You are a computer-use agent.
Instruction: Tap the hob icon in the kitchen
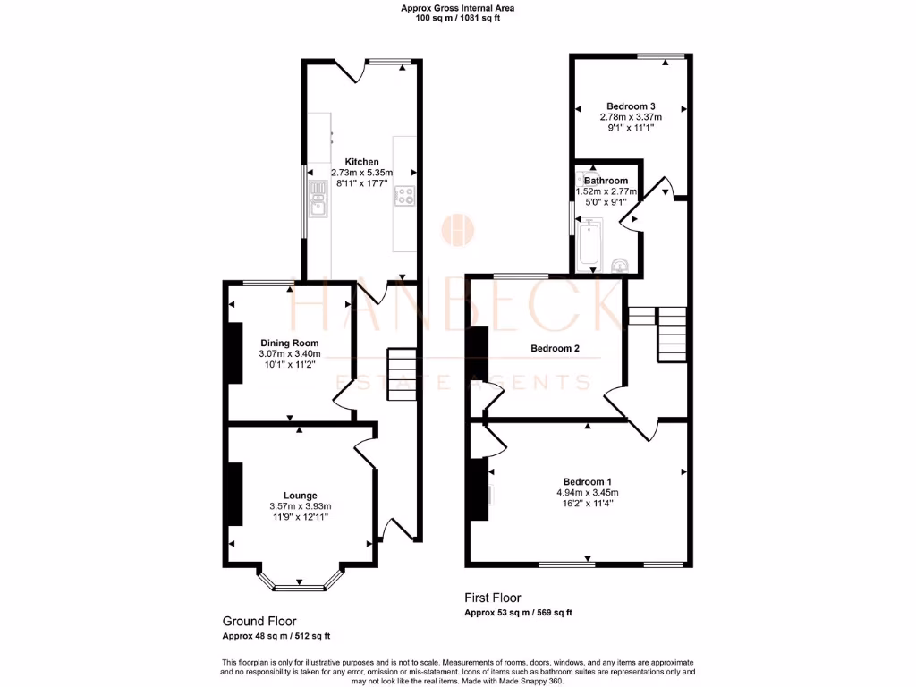tap(404, 195)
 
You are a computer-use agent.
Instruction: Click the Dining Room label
tap(289, 343)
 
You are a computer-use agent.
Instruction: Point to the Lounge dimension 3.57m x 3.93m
tap(300, 506)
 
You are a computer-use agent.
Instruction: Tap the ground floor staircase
tap(402, 374)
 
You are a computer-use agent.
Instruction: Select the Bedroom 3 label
tap(631, 106)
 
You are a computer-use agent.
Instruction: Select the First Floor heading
tap(493, 598)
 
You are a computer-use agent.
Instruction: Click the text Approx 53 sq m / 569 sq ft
tap(518, 613)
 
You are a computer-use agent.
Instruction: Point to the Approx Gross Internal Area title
tap(458, 8)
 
